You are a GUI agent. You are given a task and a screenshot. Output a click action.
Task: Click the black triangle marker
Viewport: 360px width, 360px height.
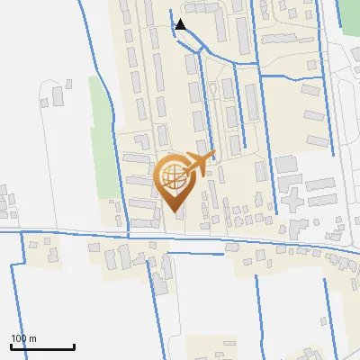(180, 24)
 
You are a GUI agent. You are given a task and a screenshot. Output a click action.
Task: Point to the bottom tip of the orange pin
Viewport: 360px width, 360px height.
(174, 211)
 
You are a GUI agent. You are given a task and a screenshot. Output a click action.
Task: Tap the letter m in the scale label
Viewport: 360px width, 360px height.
(33, 338)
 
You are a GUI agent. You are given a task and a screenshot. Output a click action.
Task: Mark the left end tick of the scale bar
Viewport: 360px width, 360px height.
(11, 346)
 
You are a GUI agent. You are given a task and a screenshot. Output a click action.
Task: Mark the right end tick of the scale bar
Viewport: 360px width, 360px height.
(74, 346)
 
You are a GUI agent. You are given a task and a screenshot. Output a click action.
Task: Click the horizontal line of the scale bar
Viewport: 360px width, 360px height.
(42, 347)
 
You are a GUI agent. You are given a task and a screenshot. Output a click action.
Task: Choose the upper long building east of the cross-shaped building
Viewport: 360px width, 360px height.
(319, 184)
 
